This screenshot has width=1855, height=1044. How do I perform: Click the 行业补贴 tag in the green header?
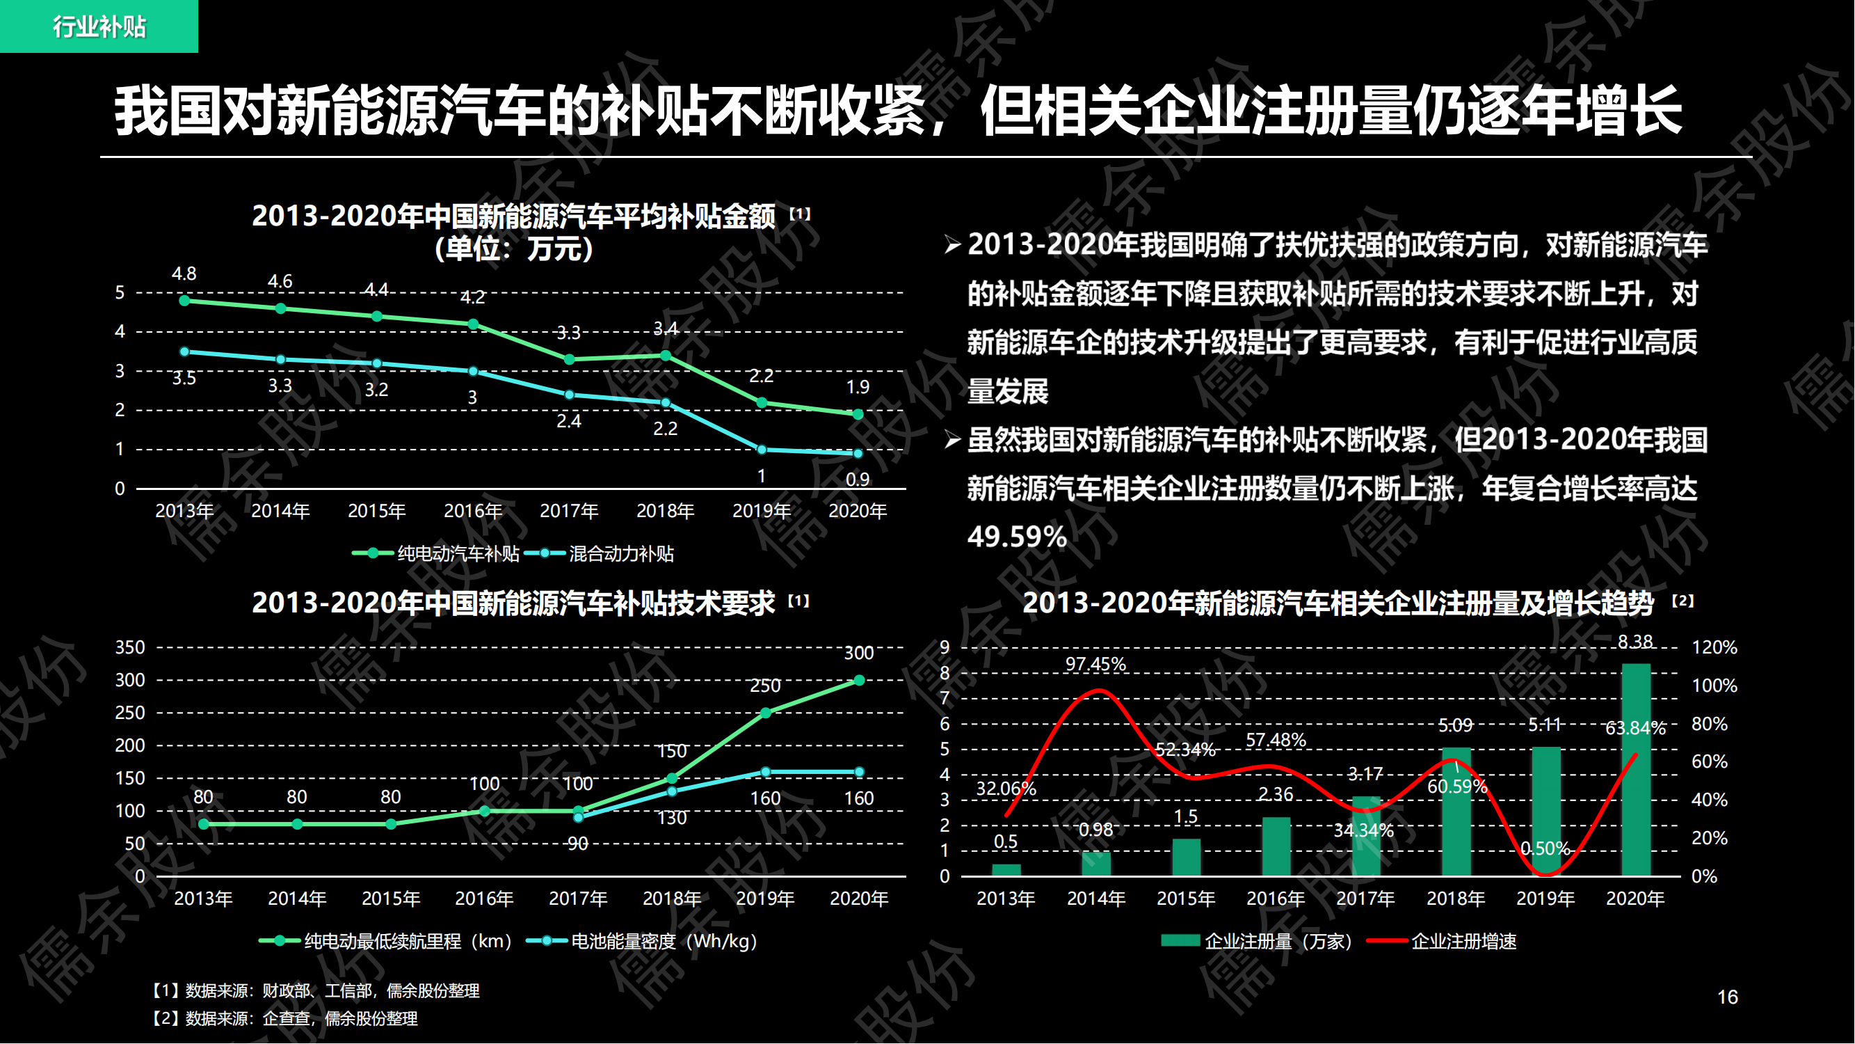point(99,26)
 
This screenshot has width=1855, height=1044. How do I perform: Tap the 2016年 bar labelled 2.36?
point(1276,846)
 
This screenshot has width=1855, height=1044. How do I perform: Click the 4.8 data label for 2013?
point(184,274)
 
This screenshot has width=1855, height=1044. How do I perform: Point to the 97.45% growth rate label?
point(1095,664)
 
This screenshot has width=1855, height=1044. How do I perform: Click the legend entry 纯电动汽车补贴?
point(436,553)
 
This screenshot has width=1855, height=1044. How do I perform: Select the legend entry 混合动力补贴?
point(604,553)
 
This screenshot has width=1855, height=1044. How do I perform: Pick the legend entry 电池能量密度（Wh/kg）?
point(644,941)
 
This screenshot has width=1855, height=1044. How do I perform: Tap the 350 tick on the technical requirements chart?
point(129,647)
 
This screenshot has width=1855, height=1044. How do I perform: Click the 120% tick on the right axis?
point(1714,647)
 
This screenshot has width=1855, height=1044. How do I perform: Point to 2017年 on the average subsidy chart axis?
point(569,511)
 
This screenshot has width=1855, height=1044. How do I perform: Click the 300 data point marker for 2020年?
point(859,680)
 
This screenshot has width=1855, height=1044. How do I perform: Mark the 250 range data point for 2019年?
point(766,713)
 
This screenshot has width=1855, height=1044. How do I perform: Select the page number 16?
point(1727,997)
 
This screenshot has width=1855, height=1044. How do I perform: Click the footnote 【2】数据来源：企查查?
point(285,1018)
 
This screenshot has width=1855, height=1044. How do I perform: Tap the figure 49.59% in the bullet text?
point(1016,537)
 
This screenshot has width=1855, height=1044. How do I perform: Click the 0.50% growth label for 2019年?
point(1545,848)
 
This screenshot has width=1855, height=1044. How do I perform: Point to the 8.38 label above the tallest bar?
point(1635,641)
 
